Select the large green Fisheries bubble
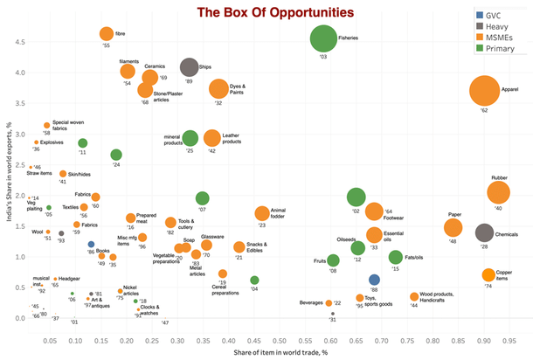coord(323,38)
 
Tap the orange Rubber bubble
coord(499,193)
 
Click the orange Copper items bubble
coord(489,275)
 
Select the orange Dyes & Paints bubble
coord(218,88)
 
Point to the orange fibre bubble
coord(107,34)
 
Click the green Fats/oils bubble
coord(396,257)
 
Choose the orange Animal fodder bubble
coord(261,213)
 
